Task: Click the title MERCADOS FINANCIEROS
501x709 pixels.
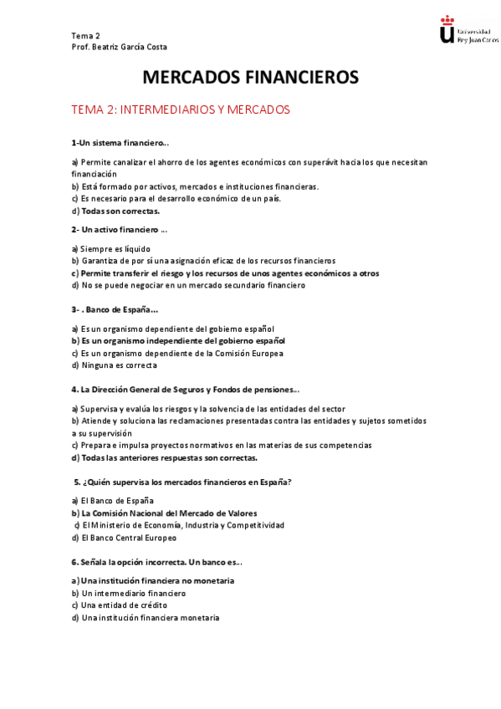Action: pos(251,78)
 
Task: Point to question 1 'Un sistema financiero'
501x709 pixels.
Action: pos(120,143)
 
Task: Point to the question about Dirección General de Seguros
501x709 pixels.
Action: pos(186,390)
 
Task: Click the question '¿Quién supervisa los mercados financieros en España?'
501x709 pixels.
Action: pos(183,482)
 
